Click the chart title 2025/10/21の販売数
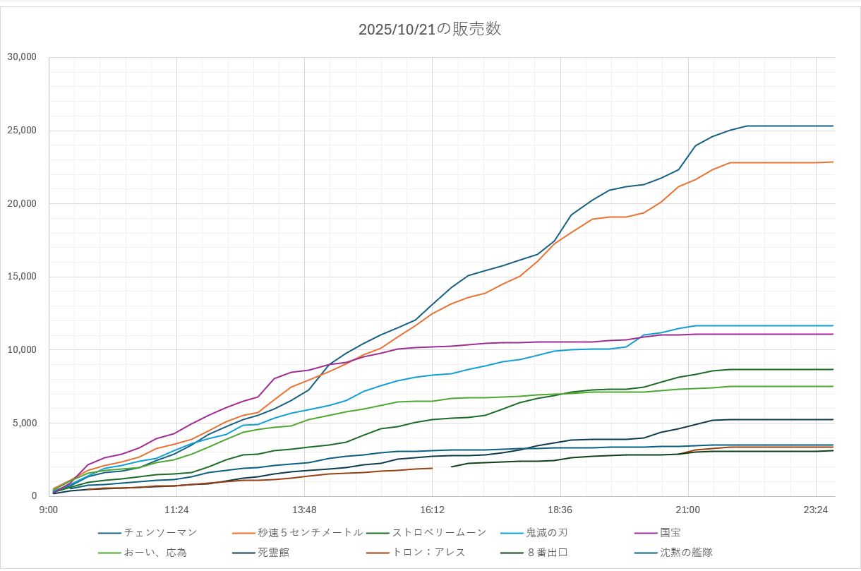coord(430,29)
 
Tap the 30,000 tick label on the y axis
coord(21,57)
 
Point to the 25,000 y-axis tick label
coord(21,131)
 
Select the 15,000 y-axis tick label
coord(21,277)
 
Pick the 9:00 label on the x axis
coord(49,510)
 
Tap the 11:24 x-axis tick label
coord(176,510)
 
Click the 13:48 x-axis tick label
coord(304,510)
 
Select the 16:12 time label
coord(432,510)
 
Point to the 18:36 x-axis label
coord(560,510)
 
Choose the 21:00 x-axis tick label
coord(687,510)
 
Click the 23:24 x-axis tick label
coord(815,510)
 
